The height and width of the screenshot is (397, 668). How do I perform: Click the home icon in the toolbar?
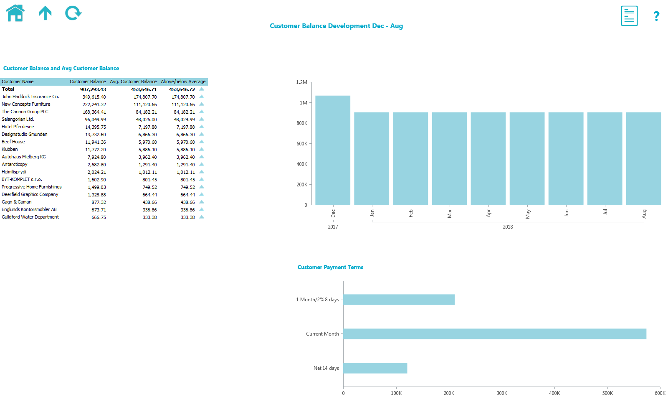15,13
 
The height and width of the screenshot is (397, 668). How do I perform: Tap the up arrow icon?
45,13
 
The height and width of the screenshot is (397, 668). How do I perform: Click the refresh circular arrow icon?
73,13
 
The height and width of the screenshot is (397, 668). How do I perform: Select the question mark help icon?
656,16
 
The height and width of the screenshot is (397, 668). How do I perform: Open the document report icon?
629,16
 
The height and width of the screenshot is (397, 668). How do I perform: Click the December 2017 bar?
333,150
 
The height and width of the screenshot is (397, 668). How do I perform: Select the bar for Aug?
643,159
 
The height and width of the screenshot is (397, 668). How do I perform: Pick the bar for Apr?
488,159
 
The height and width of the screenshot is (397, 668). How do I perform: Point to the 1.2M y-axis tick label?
301,82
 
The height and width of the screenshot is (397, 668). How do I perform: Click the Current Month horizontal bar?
495,334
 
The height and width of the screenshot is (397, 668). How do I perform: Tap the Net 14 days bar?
375,368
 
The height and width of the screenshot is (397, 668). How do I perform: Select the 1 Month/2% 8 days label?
317,300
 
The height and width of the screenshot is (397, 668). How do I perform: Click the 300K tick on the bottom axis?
502,393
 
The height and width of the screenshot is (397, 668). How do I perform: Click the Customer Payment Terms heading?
330,267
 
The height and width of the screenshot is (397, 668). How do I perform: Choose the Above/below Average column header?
183,82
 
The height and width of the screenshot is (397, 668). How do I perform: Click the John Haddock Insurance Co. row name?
30,97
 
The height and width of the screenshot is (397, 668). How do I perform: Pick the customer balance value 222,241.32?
94,104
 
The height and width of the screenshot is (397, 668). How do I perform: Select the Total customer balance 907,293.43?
93,89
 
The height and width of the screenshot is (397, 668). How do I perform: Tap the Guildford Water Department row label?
30,217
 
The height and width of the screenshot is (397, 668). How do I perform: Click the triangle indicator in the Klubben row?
202,149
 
